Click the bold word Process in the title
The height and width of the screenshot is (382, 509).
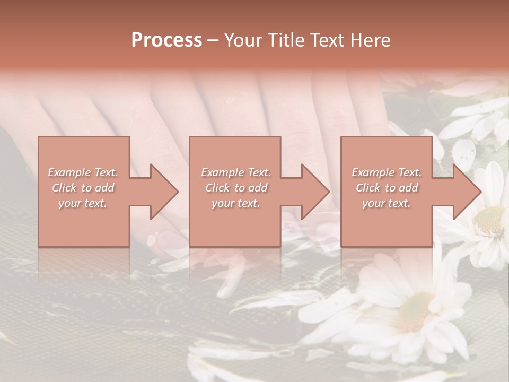(166, 40)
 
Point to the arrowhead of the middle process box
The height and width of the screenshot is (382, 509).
(315, 192)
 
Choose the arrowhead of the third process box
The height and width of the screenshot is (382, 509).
(467, 192)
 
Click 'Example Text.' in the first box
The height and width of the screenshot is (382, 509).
(83, 172)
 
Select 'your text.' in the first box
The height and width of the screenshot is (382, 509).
(83, 203)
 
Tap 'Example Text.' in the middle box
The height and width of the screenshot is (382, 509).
(236, 172)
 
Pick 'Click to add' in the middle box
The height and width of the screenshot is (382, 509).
(236, 188)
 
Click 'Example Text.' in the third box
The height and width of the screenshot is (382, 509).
(387, 172)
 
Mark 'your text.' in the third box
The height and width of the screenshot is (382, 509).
(387, 203)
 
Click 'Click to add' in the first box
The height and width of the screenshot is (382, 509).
(83, 188)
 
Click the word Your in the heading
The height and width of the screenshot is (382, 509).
(242, 40)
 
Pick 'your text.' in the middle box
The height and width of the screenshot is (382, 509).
(236, 203)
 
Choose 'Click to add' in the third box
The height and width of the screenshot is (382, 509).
(387, 188)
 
